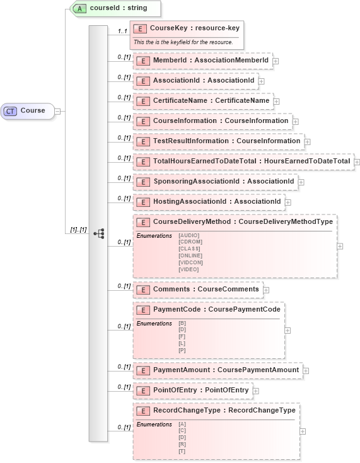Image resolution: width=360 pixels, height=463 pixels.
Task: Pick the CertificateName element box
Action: tap(202, 101)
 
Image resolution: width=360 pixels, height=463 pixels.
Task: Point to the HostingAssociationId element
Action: tap(209, 202)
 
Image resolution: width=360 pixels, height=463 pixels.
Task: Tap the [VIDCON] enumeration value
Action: tap(190, 262)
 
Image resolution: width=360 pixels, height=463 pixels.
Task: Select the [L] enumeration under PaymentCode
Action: tap(182, 343)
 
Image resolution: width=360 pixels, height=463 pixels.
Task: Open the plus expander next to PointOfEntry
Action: tap(256, 391)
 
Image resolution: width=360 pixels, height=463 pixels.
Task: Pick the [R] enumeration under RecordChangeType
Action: tap(182, 445)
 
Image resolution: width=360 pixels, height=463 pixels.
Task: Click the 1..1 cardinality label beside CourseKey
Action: tap(122, 31)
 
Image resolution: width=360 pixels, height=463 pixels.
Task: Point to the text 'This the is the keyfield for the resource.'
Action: tap(183, 42)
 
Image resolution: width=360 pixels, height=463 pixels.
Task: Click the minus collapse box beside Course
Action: tap(57, 111)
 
